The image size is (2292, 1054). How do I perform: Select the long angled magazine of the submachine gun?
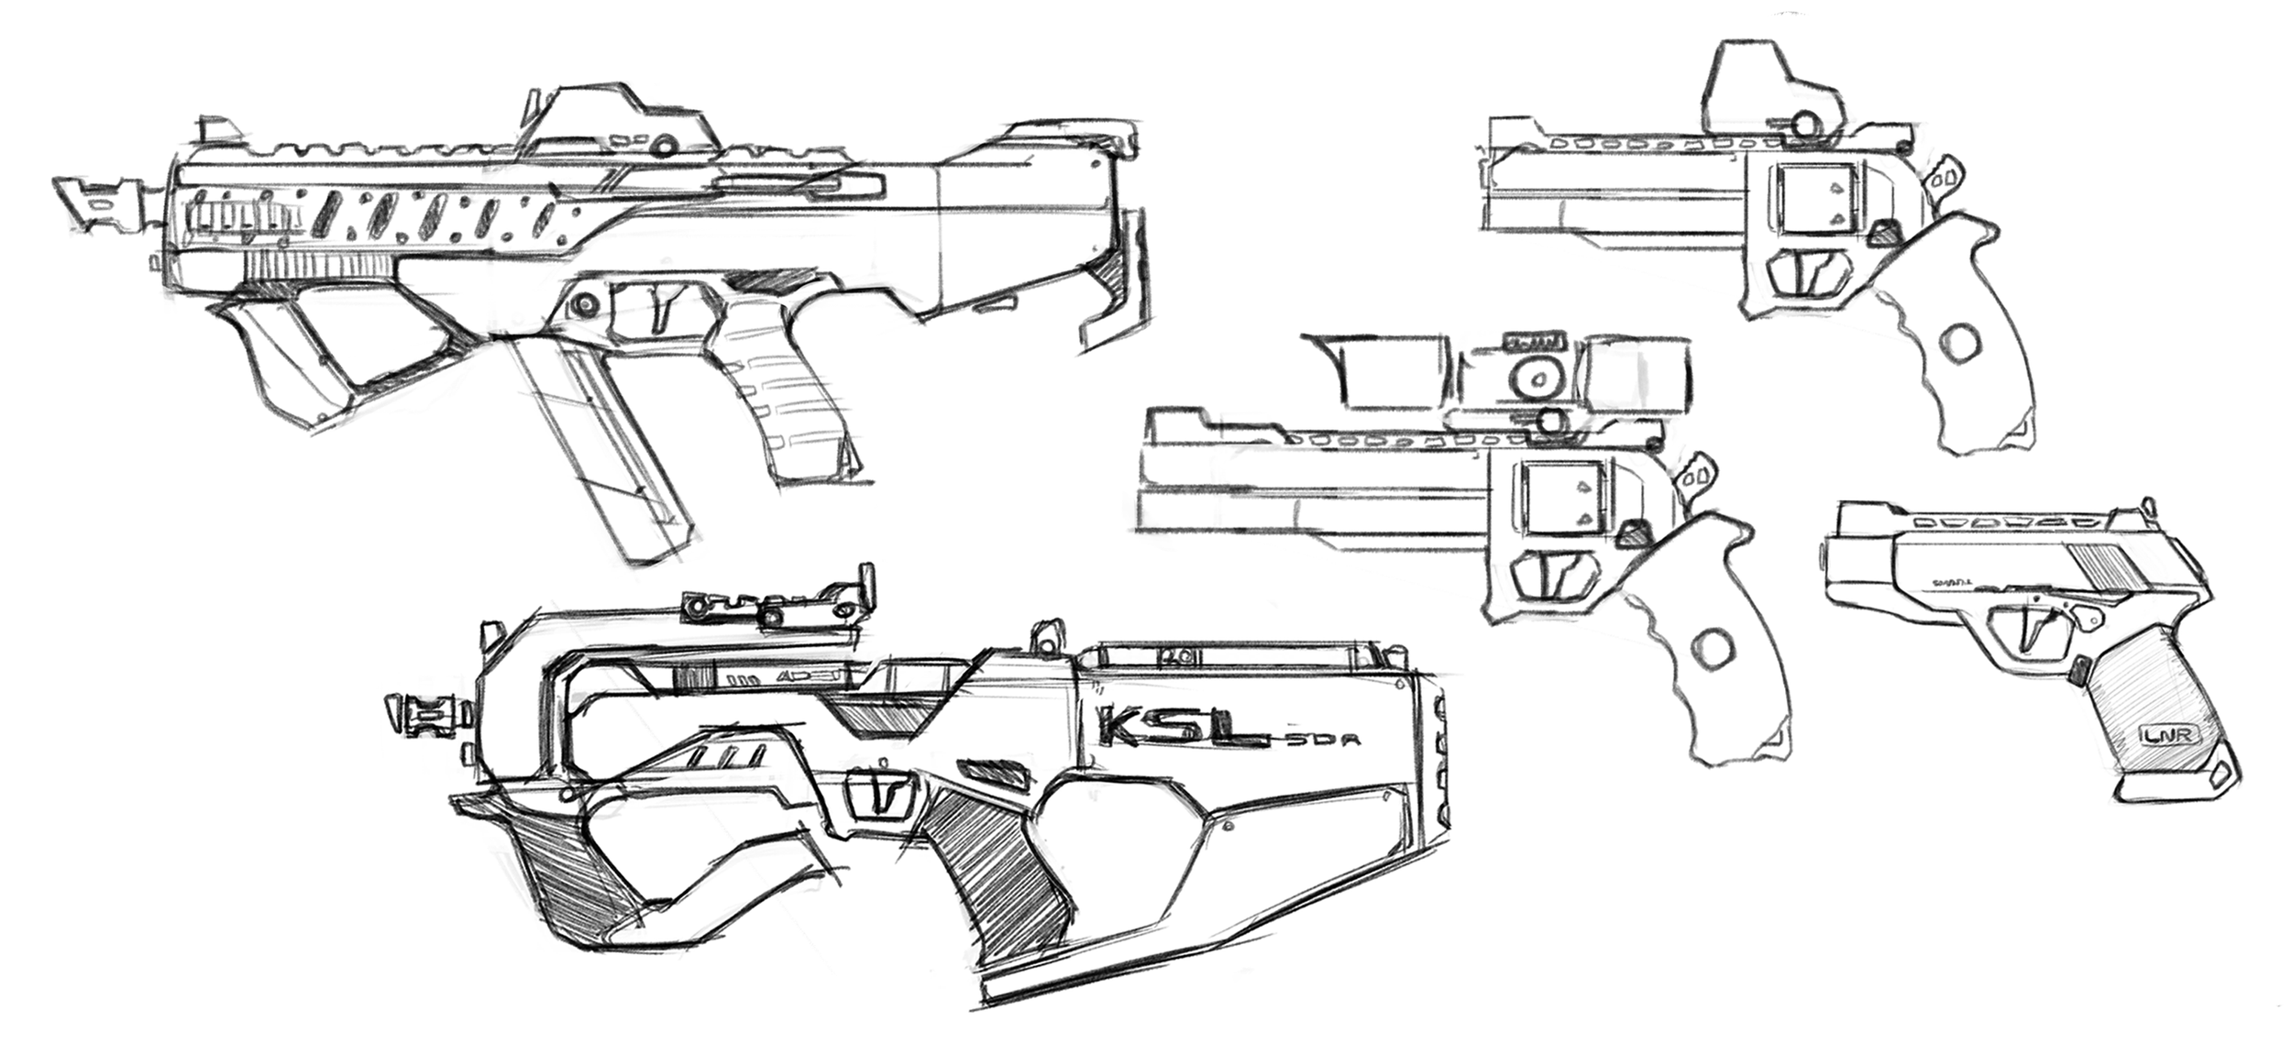596,449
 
